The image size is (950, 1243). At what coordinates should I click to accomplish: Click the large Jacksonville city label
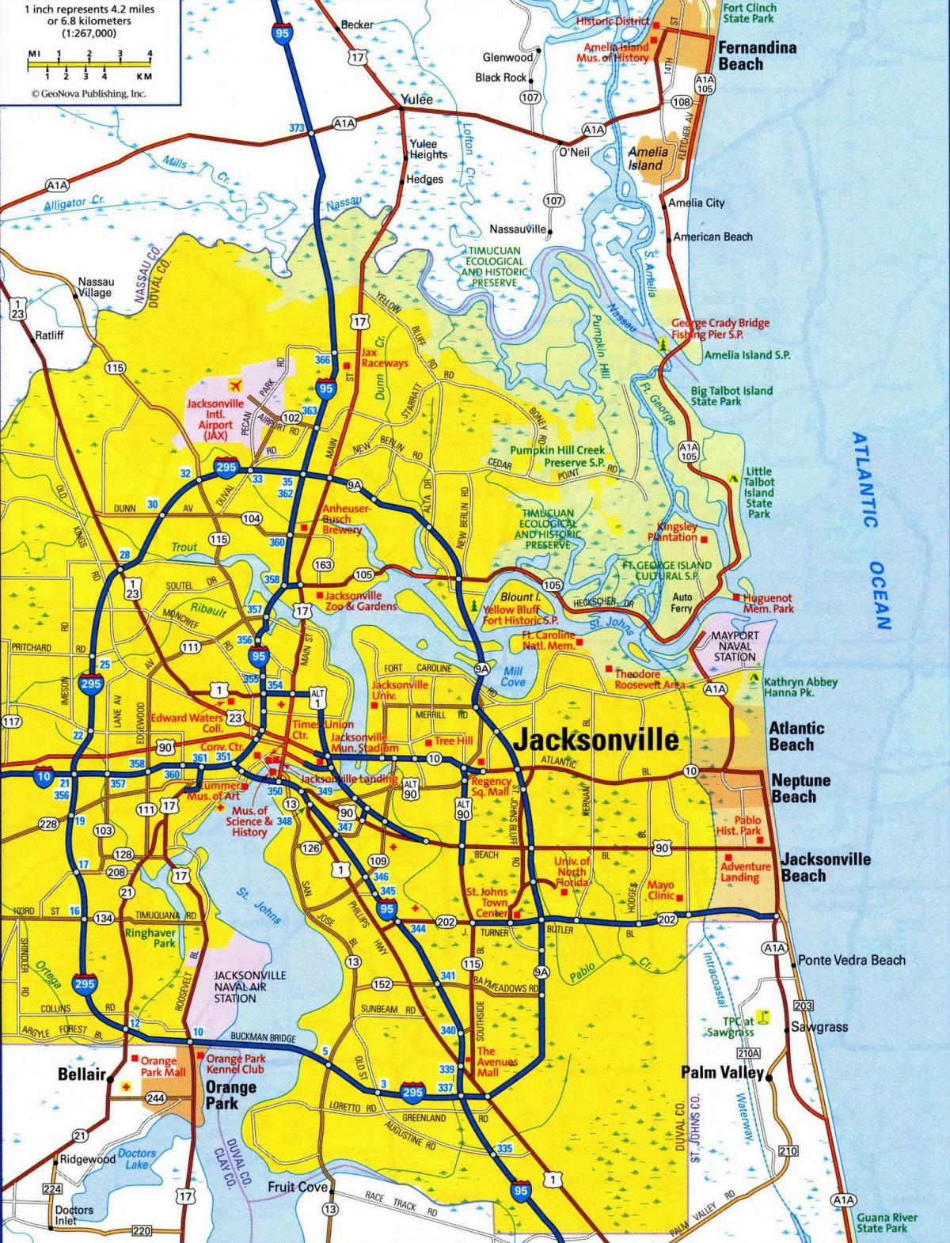point(596,739)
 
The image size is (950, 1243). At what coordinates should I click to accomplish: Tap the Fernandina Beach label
point(756,55)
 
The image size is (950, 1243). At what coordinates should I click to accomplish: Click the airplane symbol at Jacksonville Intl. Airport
point(234,386)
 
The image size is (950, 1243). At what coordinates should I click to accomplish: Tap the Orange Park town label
point(230,1094)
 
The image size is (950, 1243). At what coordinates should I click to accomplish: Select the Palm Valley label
point(722,1073)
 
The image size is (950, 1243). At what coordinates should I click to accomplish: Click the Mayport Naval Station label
point(735,646)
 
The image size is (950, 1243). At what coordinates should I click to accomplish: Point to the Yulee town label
point(417,100)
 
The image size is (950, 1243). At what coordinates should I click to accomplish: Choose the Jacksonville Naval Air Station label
point(239,987)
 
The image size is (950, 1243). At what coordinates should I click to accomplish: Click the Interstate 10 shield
point(43,776)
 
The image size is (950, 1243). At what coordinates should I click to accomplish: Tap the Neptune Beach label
point(800,788)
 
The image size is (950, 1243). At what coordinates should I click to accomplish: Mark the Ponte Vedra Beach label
point(851,960)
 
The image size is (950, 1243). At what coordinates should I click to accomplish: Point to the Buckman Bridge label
point(263,1037)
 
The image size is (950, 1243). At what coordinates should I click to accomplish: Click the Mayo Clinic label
point(660,890)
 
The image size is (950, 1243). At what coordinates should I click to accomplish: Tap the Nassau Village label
point(96,287)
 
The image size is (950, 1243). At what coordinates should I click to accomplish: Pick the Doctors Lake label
point(136,1158)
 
